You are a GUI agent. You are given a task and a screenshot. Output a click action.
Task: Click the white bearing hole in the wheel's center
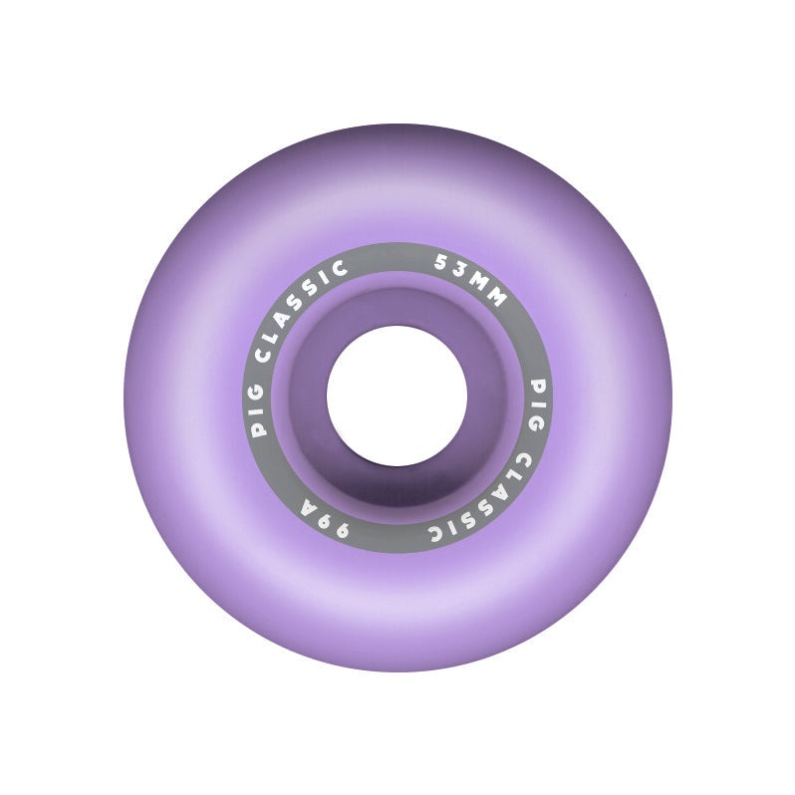coord(397,396)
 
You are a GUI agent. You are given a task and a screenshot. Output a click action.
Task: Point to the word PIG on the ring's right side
coord(536,404)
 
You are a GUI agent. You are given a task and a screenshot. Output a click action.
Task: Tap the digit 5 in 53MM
coord(441,263)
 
